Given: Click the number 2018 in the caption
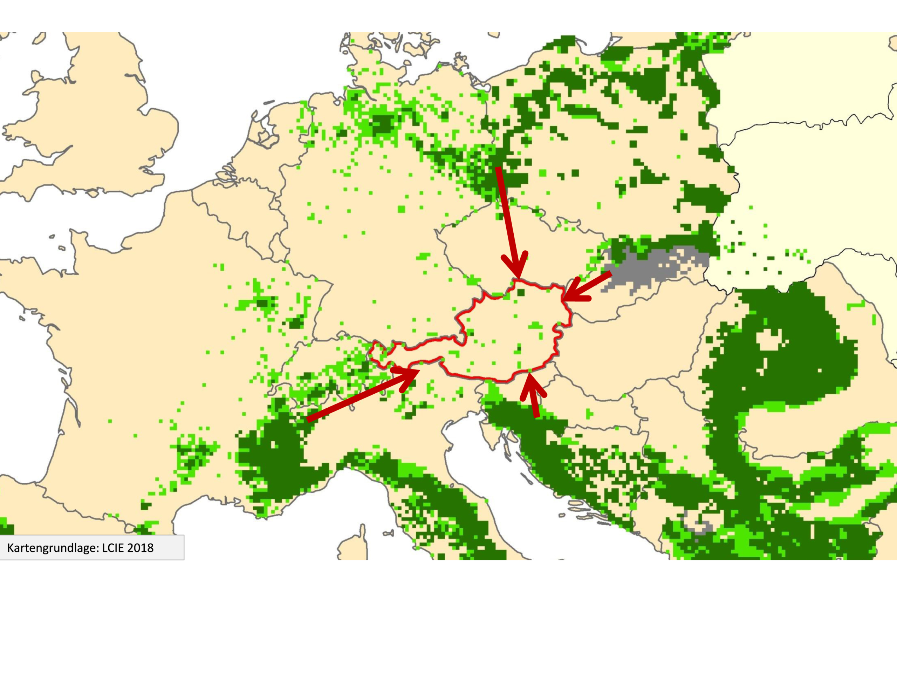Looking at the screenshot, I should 140,548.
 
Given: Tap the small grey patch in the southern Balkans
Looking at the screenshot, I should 698,526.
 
